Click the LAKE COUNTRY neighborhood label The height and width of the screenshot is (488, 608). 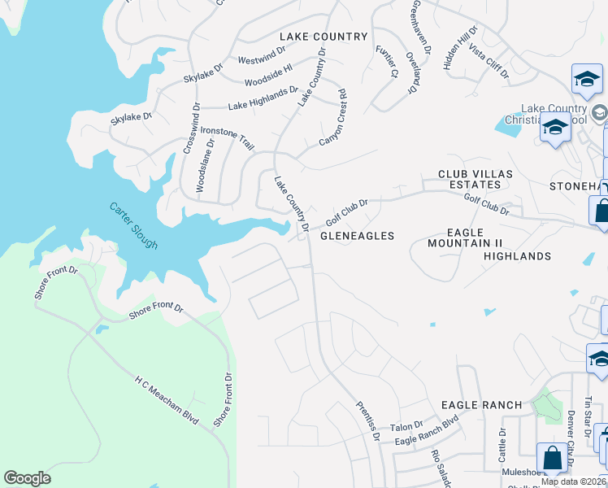[x=324, y=37]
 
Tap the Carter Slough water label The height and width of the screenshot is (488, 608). [x=133, y=225]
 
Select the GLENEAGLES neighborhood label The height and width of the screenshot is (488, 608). [x=357, y=236]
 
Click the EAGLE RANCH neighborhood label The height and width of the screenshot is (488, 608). [x=481, y=405]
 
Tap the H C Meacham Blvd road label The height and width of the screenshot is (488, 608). [x=167, y=399]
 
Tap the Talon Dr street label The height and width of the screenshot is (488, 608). [x=407, y=425]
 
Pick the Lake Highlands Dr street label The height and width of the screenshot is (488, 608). [x=263, y=98]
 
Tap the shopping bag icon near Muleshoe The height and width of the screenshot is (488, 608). [x=553, y=457]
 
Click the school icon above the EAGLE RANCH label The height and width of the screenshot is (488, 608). [x=599, y=358]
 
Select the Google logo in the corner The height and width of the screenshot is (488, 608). [x=28, y=478]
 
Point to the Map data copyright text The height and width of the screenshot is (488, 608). [x=573, y=481]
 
